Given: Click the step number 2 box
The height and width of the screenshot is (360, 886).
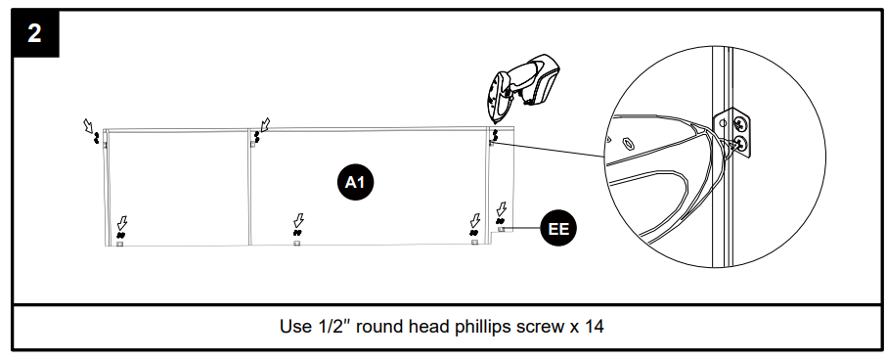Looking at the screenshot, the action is tap(34, 33).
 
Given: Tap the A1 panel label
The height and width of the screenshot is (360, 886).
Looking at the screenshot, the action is tap(355, 182).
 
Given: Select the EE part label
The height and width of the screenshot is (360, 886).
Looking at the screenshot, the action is tap(558, 229).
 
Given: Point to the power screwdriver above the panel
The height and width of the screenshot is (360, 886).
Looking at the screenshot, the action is tap(522, 88).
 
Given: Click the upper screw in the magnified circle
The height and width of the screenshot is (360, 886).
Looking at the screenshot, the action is tap(739, 122).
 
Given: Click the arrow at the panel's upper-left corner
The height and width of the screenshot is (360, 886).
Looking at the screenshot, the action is tap(89, 125).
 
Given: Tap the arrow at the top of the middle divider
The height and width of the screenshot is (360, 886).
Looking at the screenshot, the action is tap(264, 124).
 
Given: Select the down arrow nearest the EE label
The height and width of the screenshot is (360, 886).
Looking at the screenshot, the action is tap(501, 209).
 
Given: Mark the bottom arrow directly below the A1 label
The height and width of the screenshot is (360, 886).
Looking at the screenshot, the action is tap(299, 220).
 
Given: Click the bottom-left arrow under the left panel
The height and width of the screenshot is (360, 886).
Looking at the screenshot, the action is tap(122, 223).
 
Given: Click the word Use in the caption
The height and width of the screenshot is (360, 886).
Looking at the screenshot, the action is tap(293, 327).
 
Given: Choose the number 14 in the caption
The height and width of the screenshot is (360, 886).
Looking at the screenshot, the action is tap(594, 327).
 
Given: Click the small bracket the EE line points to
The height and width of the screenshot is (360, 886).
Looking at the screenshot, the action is tap(502, 229).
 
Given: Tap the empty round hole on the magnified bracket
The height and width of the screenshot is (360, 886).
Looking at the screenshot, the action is tap(723, 122).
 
